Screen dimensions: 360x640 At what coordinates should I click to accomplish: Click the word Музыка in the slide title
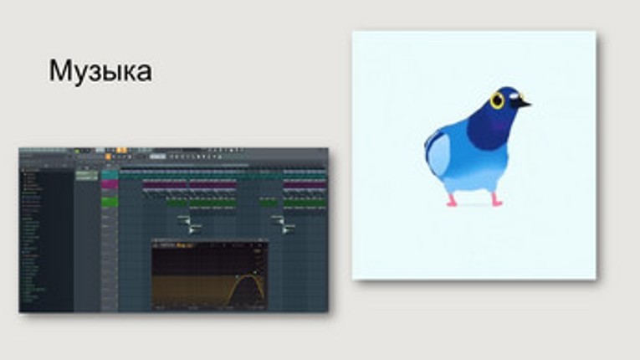[100, 70]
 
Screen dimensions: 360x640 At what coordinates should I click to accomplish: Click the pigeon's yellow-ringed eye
[498, 101]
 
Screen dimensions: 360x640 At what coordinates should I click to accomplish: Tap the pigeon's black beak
[522, 104]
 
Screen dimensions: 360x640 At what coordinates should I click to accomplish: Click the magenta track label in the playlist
[110, 185]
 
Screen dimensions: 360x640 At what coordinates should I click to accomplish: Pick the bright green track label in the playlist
[110, 202]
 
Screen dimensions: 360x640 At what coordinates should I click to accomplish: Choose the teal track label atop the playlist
[110, 174]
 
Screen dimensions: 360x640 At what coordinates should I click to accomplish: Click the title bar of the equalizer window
[209, 244]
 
